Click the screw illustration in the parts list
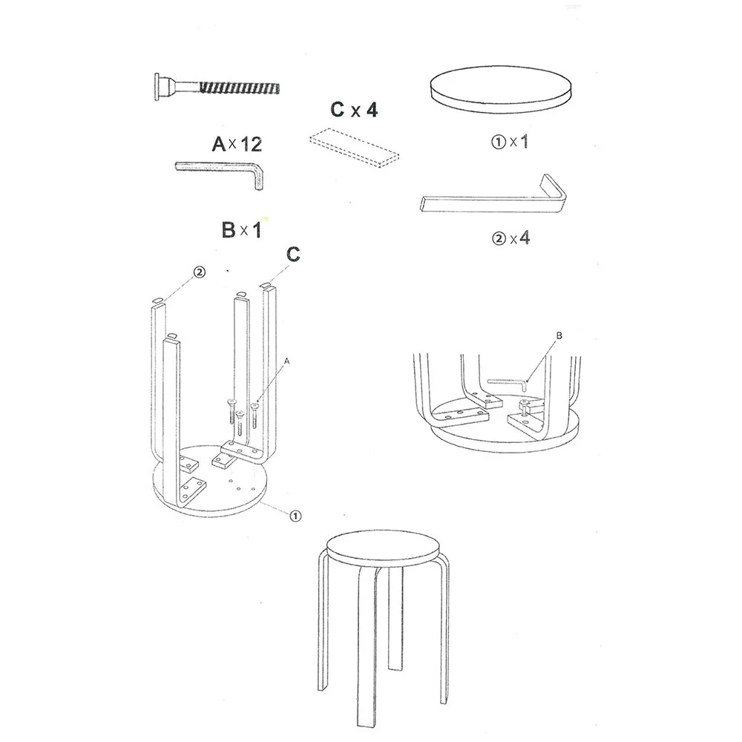pos(217,87)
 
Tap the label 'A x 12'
pos(237,144)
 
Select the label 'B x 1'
pos(241,230)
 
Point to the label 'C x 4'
pos(354,110)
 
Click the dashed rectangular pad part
pos(355,148)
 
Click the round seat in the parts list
pos(501,90)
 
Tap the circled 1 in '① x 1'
pos(499,142)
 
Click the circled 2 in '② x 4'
pos(499,238)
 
